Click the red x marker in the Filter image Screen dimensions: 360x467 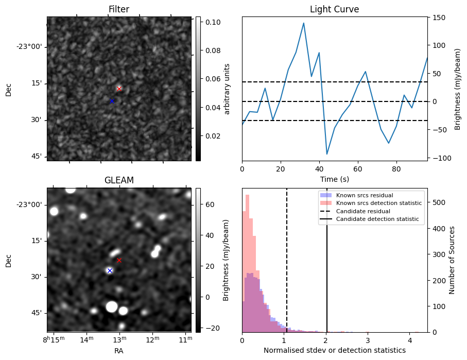[119, 89]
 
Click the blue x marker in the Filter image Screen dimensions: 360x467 [112, 101]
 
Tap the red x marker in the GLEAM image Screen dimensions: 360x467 [119, 260]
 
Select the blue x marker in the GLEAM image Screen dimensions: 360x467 [110, 270]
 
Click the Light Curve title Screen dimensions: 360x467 [334, 9]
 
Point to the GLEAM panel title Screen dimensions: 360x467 [119, 180]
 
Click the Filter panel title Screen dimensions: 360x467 [119, 9]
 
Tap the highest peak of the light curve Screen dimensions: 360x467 [304, 23]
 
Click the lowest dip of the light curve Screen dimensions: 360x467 [327, 153]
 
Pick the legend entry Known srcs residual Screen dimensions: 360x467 [365, 195]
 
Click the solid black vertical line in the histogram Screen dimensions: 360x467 [327, 268]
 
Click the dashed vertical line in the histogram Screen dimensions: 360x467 [287, 268]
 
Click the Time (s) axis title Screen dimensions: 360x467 [334, 178]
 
